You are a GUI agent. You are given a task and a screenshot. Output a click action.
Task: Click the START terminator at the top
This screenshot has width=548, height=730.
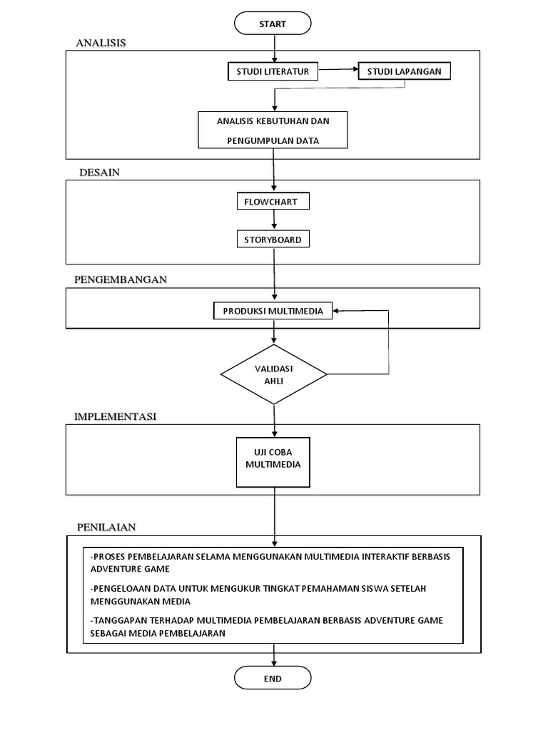pyautogui.click(x=273, y=24)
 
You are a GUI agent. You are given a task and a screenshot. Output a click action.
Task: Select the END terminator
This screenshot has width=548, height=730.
pyautogui.click(x=273, y=678)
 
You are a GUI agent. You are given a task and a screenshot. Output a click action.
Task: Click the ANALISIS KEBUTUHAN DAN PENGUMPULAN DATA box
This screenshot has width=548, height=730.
pyautogui.click(x=273, y=130)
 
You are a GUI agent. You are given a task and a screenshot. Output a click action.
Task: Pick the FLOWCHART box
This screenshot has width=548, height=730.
pyautogui.click(x=273, y=202)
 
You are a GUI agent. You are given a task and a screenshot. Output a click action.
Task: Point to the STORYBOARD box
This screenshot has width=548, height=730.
pyautogui.click(x=273, y=240)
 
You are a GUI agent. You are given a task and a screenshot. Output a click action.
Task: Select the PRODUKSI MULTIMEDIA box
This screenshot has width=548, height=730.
pyautogui.click(x=273, y=311)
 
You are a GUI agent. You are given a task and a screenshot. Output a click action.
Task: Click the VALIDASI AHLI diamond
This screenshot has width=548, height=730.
pyautogui.click(x=274, y=374)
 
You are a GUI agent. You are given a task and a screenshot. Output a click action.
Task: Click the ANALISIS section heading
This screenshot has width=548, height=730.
pyautogui.click(x=101, y=43)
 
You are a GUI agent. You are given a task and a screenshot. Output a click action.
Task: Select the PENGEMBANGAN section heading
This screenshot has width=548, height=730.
pyautogui.click(x=121, y=279)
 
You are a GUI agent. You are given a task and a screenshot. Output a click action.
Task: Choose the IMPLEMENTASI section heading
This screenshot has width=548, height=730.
pyautogui.click(x=116, y=416)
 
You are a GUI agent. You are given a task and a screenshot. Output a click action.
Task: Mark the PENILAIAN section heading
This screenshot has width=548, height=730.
pyautogui.click(x=106, y=527)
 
